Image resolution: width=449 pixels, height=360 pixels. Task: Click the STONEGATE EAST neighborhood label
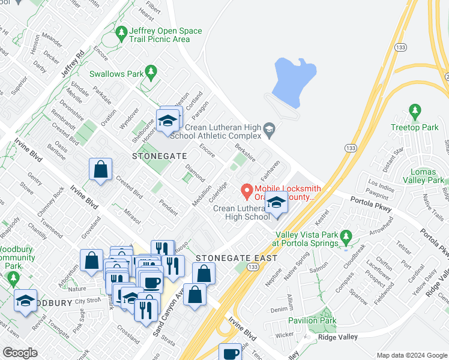237,258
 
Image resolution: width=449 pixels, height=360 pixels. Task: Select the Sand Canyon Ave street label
163,313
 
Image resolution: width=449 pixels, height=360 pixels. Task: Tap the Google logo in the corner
20,353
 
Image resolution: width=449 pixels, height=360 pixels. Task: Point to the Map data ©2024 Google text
412,355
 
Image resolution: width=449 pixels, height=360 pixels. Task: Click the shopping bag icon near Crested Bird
100,170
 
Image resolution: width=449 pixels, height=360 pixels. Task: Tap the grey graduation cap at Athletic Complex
270,128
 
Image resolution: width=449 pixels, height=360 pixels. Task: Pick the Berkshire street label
246,152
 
